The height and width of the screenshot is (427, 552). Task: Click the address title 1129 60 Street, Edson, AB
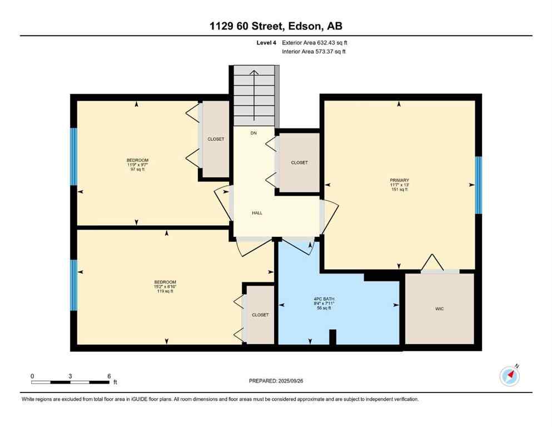pos(276,26)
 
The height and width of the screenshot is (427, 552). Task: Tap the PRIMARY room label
pos(399,180)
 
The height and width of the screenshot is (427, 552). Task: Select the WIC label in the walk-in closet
pos(439,309)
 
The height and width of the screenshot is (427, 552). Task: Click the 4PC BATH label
pos(324,299)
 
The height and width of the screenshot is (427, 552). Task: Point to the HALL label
pos(257,213)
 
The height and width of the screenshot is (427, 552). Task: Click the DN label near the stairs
pos(253,133)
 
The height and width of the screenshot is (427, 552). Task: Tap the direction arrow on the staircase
pos(254,95)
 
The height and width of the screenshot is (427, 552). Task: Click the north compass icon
pos(510,376)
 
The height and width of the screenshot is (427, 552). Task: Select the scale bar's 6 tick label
pos(109,376)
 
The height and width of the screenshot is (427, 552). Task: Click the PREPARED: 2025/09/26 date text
pos(276,381)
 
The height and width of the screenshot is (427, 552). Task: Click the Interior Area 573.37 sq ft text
pos(315,52)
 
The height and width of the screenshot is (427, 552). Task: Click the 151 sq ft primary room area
pos(399,190)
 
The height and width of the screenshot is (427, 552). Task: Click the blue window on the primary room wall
pos(478,185)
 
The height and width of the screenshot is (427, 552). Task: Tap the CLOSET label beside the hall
pos(299,163)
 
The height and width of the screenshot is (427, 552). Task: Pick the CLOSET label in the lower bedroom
pos(260,315)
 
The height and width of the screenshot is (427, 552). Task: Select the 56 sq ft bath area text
pos(324,309)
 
